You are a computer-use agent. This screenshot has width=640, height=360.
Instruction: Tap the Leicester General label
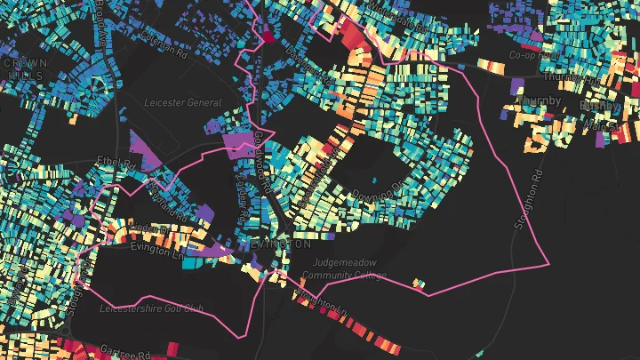click(x=182, y=103)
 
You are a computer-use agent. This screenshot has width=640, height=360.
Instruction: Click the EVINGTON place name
click(x=279, y=244)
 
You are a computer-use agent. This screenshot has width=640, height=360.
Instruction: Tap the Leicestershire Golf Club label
click(x=152, y=309)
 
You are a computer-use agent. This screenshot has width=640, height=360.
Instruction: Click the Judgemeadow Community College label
click(x=349, y=269)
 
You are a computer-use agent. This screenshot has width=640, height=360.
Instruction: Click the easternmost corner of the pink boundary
click(x=548, y=264)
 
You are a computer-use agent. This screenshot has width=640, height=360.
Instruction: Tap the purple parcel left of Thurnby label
click(x=517, y=86)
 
